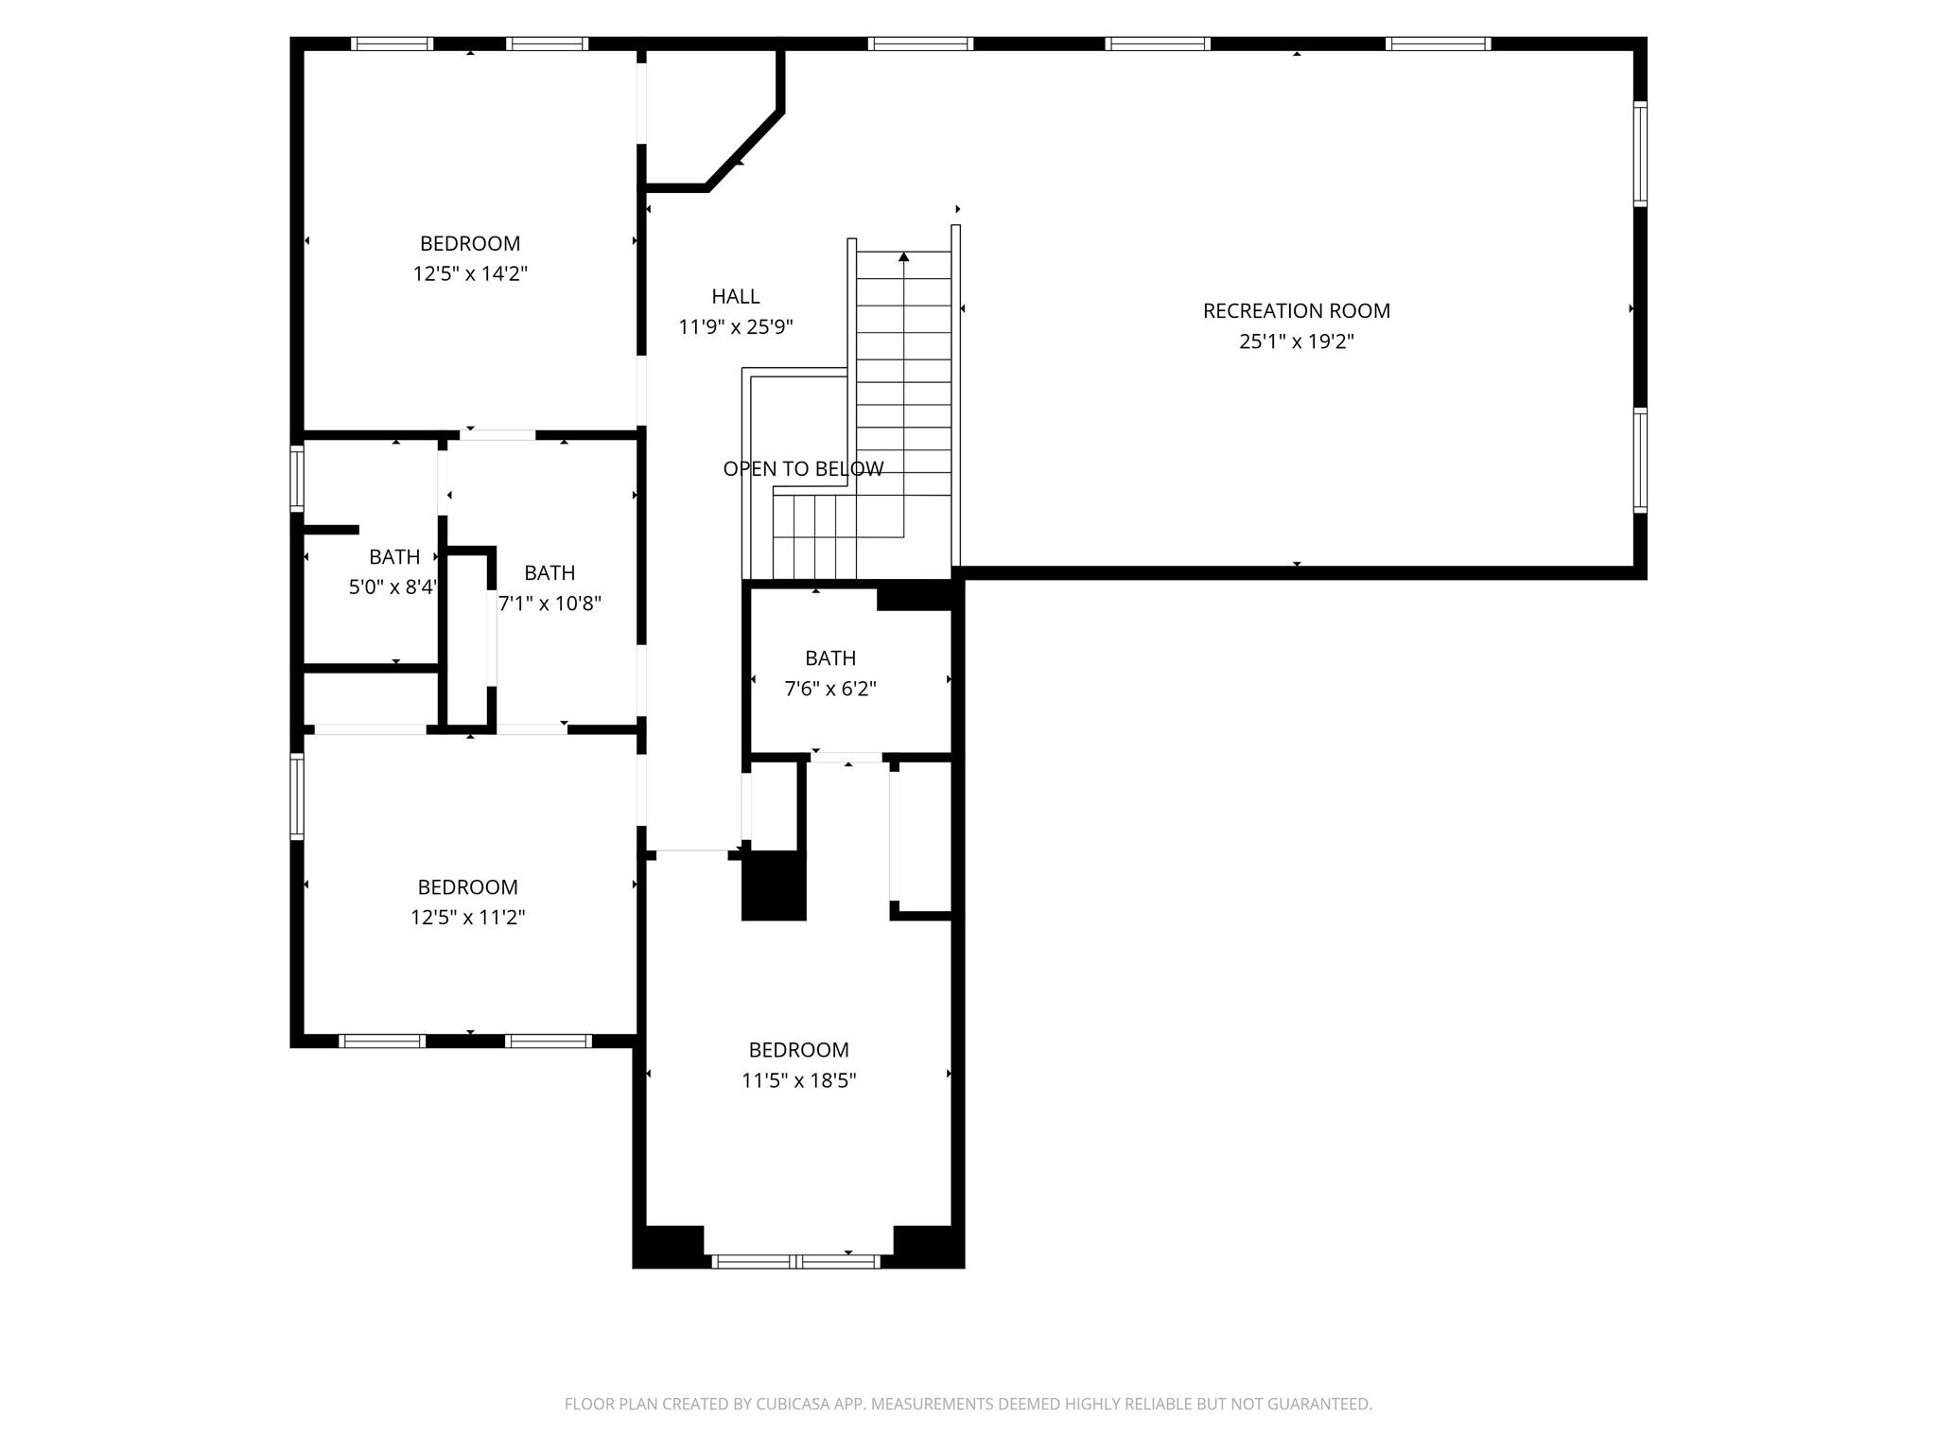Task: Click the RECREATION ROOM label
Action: pyautogui.click(x=1296, y=310)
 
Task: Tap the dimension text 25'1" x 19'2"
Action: pyautogui.click(x=1296, y=341)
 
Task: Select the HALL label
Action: pyautogui.click(x=735, y=296)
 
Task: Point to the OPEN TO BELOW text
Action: pyautogui.click(x=803, y=468)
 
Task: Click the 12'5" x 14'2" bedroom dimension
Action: pyautogui.click(x=469, y=274)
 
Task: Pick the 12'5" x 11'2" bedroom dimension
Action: pyautogui.click(x=467, y=918)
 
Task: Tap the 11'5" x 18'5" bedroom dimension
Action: pyautogui.click(x=798, y=1080)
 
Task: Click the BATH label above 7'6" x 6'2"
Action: pyautogui.click(x=830, y=657)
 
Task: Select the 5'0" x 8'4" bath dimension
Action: pyautogui.click(x=393, y=587)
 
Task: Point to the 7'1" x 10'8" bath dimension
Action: pyautogui.click(x=550, y=604)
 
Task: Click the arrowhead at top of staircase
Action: pyautogui.click(x=903, y=256)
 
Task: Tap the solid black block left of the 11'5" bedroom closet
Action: pyautogui.click(x=774, y=885)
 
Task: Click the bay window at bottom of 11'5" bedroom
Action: pyautogui.click(x=796, y=1261)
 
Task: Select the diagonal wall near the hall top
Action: pyautogui.click(x=744, y=150)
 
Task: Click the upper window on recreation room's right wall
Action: pyautogui.click(x=1640, y=153)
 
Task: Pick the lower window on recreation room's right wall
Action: pyautogui.click(x=1640, y=461)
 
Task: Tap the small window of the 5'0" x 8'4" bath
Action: pyautogui.click(x=297, y=479)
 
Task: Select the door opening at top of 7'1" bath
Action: pyautogui.click(x=497, y=435)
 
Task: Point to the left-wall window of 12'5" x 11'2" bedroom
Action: pyautogui.click(x=297, y=797)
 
